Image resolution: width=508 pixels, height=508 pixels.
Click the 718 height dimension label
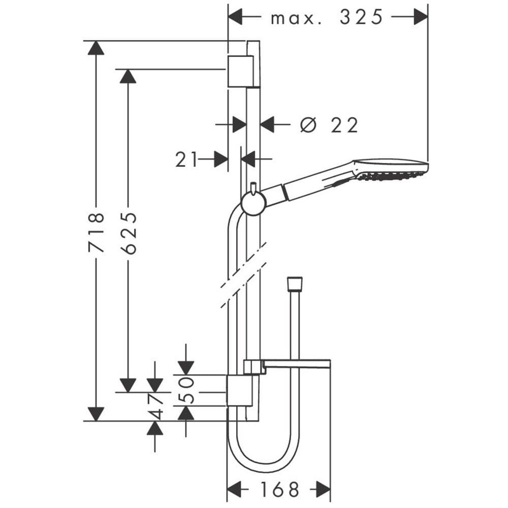[96, 232]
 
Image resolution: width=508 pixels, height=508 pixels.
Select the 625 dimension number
[128, 233]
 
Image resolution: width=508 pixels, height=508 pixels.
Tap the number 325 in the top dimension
[361, 17]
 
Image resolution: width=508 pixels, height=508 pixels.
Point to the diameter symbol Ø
[308, 124]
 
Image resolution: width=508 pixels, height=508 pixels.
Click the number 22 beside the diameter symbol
[344, 125]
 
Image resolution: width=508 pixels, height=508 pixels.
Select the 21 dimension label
[186, 160]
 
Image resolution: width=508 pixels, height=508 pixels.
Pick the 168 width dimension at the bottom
[279, 490]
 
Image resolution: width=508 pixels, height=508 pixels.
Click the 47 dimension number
[155, 406]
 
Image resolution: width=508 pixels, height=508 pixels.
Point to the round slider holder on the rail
[253, 203]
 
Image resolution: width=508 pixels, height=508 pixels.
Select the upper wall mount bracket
[240, 71]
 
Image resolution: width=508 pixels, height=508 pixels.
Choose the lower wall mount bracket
[239, 391]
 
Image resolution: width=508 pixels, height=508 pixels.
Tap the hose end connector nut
[295, 283]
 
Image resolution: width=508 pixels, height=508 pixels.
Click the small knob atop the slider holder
[253, 188]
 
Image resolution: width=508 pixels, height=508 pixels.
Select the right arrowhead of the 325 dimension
[421, 17]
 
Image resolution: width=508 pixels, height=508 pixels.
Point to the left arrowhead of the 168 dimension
[234, 489]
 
